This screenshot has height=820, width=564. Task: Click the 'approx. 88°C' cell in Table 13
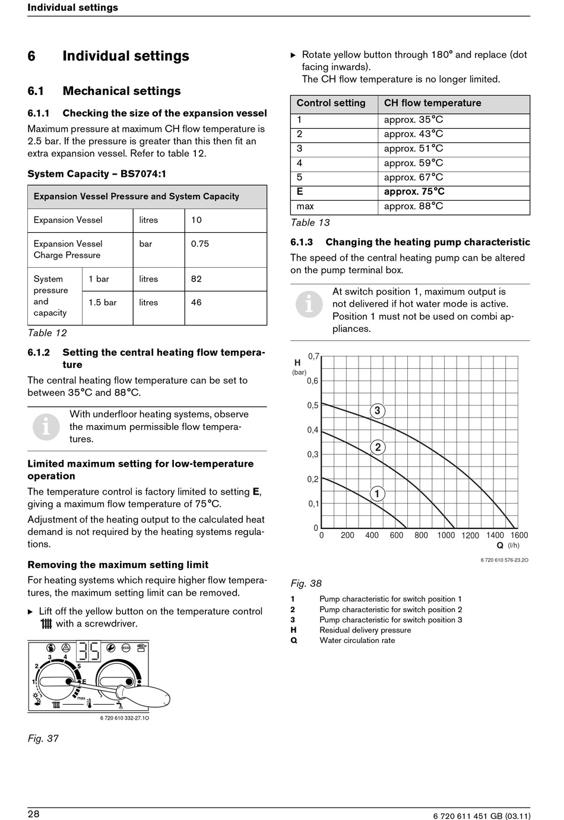(413, 207)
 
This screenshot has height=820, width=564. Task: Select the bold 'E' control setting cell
(300, 192)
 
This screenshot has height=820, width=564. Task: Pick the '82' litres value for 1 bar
(197, 279)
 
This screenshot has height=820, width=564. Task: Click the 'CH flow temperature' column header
(432, 103)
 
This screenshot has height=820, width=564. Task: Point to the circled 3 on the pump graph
(377, 411)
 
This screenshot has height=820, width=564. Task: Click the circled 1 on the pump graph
(377, 493)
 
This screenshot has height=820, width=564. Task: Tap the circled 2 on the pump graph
(378, 447)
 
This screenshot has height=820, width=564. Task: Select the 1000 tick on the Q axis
(446, 536)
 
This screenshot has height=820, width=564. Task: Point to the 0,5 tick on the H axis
(313, 406)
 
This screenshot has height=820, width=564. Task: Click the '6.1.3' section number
(302, 242)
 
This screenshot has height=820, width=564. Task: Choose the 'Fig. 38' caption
(306, 584)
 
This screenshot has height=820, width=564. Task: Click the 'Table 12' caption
(47, 333)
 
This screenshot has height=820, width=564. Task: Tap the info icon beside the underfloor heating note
(46, 426)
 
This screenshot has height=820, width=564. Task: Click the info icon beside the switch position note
(309, 305)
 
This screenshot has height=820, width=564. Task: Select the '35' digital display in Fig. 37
(89, 651)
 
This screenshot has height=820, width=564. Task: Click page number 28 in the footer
(34, 814)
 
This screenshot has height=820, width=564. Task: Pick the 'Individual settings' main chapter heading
(126, 56)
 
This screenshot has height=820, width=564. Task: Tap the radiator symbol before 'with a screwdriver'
(46, 624)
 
